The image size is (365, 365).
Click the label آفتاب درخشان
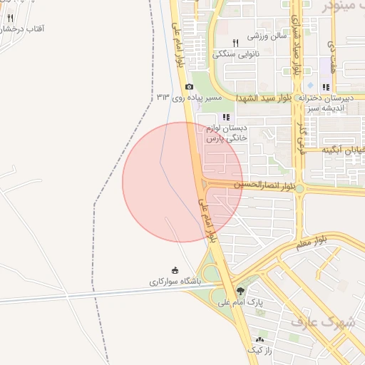[x=24, y=29]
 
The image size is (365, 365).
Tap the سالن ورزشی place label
[x=267, y=35]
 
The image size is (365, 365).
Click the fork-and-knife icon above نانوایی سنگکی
[x=236, y=43]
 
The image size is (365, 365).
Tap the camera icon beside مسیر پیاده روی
[x=189, y=86]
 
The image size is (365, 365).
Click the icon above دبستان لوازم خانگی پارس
[x=226, y=117]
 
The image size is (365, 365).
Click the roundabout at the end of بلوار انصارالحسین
[x=300, y=189]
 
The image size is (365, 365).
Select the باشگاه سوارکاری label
[x=175, y=282]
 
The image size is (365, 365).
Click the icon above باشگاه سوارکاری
[x=175, y=270]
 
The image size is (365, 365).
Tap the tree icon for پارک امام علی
[x=240, y=290]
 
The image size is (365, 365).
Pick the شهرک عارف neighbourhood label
[x=322, y=322]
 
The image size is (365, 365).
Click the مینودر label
[x=346, y=6]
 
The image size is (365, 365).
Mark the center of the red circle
[x=182, y=182]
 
